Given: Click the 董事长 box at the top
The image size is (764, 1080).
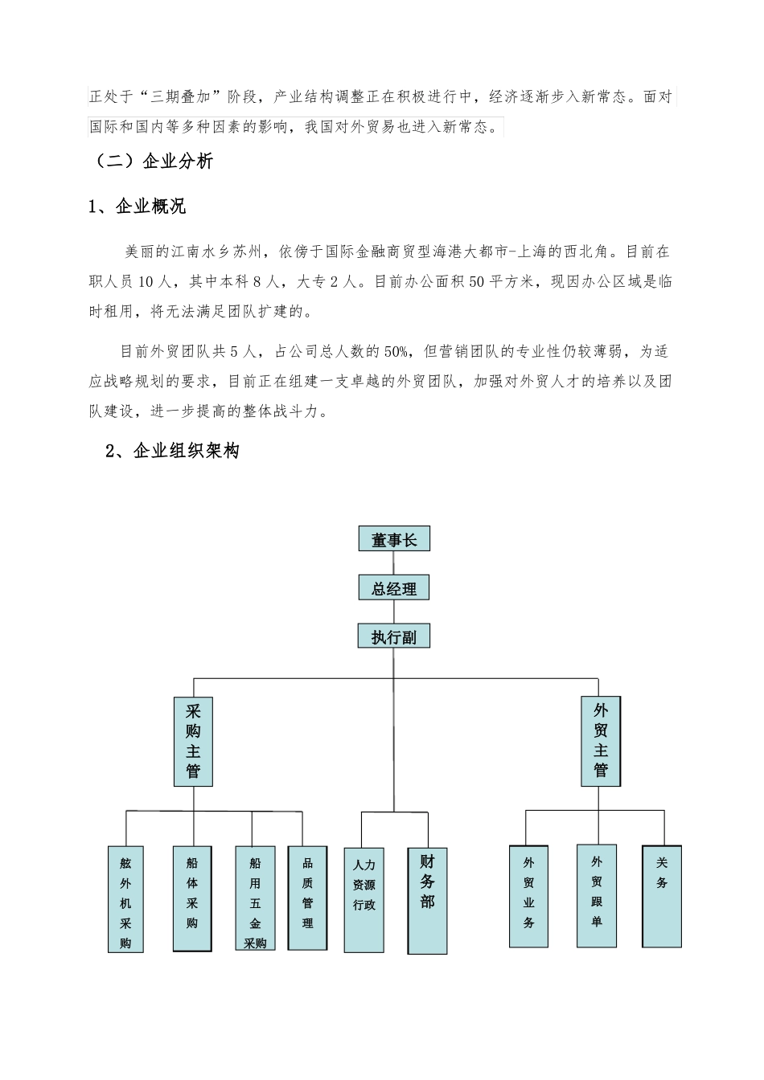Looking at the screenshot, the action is (394, 539).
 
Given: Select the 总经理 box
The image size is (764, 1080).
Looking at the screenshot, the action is (394, 588).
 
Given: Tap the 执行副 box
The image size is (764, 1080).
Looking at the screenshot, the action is (394, 636).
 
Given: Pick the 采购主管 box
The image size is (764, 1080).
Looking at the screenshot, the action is (193, 741).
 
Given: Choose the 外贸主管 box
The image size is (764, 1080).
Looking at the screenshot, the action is (601, 741).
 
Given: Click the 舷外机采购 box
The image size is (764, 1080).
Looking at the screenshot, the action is (125, 898).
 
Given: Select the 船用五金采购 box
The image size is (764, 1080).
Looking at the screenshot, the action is (255, 898).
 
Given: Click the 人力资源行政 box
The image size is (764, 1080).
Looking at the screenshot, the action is (364, 899).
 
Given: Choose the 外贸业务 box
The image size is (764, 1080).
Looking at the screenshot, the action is (528, 896).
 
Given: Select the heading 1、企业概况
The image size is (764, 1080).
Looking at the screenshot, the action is (138, 207).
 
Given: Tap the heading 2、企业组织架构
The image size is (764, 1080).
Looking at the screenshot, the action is (173, 452).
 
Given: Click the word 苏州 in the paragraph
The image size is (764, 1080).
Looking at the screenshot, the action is (247, 252).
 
